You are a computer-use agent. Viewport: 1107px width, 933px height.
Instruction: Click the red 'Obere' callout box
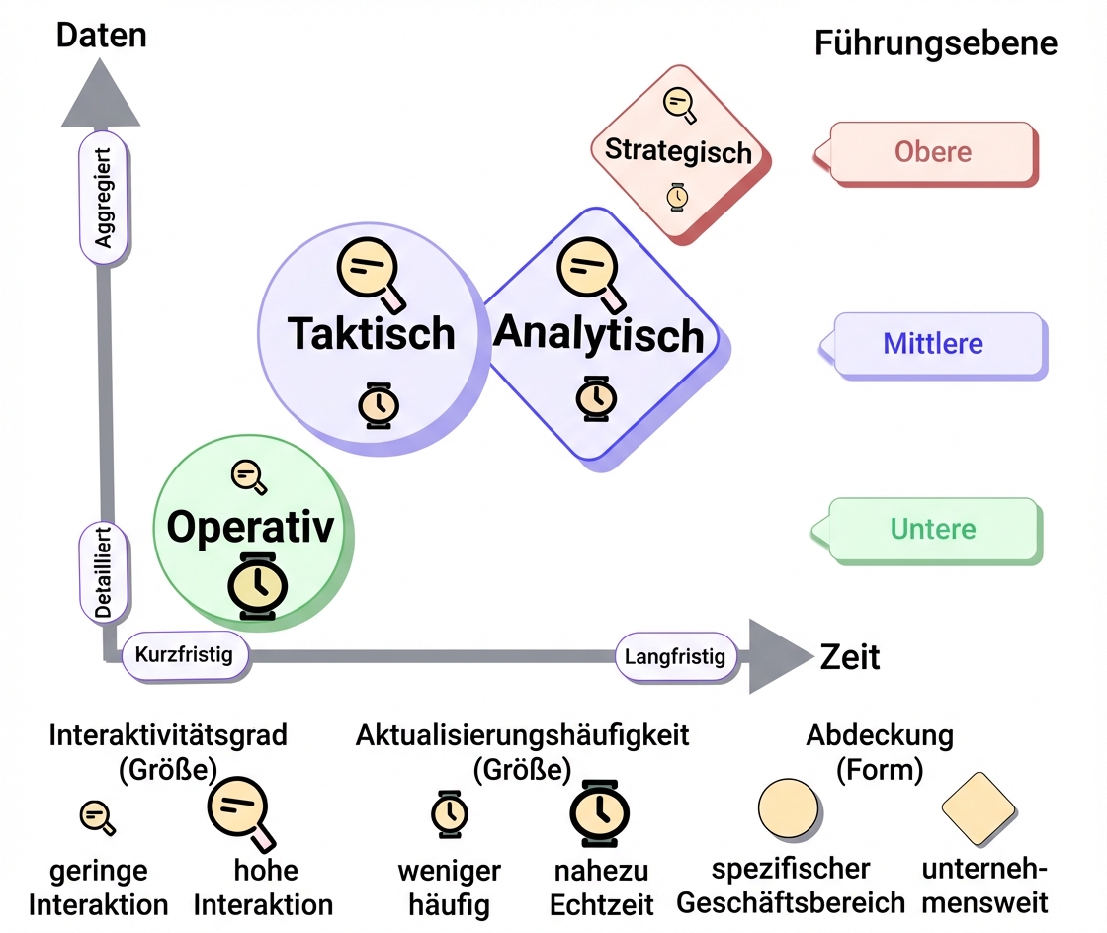point(933,152)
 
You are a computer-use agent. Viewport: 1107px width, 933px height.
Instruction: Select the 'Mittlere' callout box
point(933,344)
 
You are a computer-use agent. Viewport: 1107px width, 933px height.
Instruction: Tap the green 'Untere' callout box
point(933,529)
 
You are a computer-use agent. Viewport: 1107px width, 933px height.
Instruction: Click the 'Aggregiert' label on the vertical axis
point(104,198)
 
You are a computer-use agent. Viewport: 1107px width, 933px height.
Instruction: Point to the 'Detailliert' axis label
point(104,573)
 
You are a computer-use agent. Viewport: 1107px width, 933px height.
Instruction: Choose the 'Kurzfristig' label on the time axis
point(184,654)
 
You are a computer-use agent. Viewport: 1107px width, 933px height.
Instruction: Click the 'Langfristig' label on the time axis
point(676,656)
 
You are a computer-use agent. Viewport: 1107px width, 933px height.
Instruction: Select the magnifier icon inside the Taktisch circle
point(370,267)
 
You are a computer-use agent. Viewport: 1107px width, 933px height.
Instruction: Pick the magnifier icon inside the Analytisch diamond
point(590,267)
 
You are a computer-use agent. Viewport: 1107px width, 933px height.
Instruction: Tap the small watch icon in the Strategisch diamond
point(677,196)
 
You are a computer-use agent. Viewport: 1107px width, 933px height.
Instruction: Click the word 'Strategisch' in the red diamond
point(678,151)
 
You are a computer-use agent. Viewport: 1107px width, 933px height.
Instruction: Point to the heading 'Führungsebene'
point(935,44)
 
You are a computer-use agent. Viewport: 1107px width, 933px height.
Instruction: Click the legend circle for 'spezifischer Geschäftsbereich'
point(788,808)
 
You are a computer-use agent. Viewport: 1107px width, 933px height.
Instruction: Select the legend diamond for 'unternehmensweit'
point(979,808)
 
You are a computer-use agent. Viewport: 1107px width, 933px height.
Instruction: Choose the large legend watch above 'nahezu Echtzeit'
point(598,812)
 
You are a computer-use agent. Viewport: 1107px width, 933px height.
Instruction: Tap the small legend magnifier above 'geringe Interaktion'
point(97,816)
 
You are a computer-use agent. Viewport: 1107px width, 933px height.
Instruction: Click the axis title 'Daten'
point(101,35)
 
